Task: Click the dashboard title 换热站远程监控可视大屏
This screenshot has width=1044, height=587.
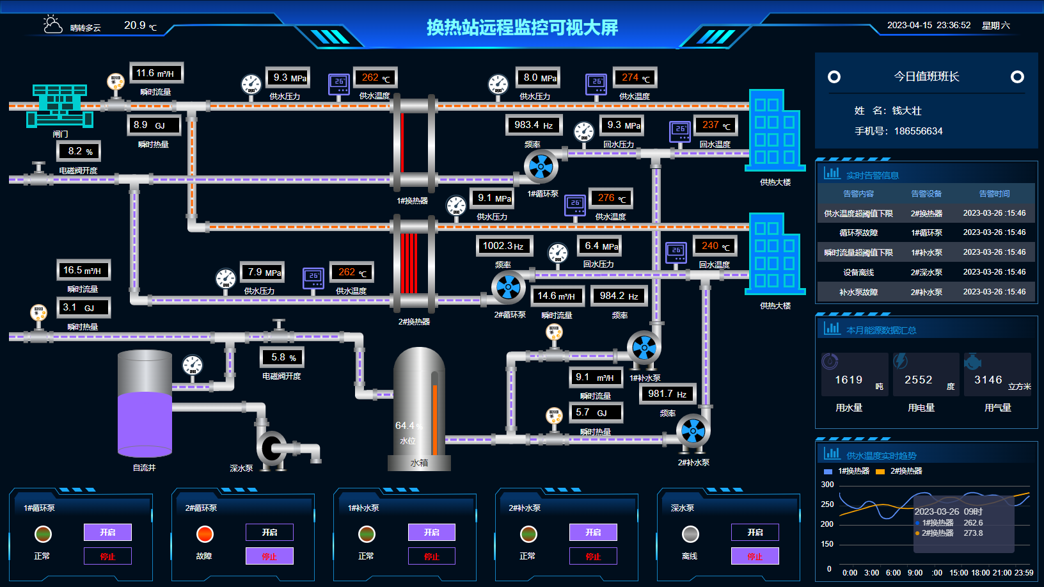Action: click(522, 28)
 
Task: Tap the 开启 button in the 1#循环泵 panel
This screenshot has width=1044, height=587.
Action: click(107, 532)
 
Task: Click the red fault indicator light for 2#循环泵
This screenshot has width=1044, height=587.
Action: click(205, 534)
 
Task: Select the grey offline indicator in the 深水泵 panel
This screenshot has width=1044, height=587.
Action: click(690, 534)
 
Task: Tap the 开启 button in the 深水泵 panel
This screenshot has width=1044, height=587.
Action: click(755, 532)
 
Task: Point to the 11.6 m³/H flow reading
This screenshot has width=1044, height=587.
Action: click(156, 74)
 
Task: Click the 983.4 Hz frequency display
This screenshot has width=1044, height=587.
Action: click(534, 125)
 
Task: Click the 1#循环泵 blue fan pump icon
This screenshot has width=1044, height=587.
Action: click(541, 167)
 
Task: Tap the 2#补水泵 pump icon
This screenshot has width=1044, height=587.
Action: click(693, 431)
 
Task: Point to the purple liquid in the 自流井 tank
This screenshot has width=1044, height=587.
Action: click(145, 422)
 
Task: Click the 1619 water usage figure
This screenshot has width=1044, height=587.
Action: click(848, 380)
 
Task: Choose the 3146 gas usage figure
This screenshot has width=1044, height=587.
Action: click(988, 380)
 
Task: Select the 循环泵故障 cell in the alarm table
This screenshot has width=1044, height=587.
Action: click(858, 232)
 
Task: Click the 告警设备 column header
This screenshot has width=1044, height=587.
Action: click(926, 193)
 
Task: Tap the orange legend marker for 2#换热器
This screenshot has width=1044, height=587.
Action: click(880, 472)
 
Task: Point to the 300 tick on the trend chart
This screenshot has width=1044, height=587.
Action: click(827, 485)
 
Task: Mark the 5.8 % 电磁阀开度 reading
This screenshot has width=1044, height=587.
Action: click(283, 357)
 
